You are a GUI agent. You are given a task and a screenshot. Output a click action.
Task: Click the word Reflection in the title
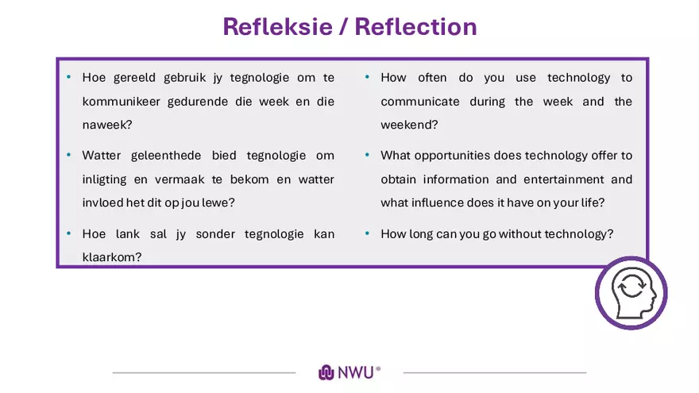(x=415, y=26)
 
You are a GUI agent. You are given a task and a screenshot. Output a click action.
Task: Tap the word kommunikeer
(x=121, y=102)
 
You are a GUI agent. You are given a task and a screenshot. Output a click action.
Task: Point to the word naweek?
(x=106, y=125)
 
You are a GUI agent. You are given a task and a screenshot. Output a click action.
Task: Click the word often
(x=432, y=78)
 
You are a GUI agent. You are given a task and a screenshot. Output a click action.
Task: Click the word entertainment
(x=562, y=179)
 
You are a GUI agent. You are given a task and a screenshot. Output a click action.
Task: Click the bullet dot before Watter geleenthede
(x=69, y=156)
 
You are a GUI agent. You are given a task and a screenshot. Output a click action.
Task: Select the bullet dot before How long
(x=367, y=234)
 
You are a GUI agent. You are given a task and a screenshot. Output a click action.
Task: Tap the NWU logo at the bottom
(x=349, y=372)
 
